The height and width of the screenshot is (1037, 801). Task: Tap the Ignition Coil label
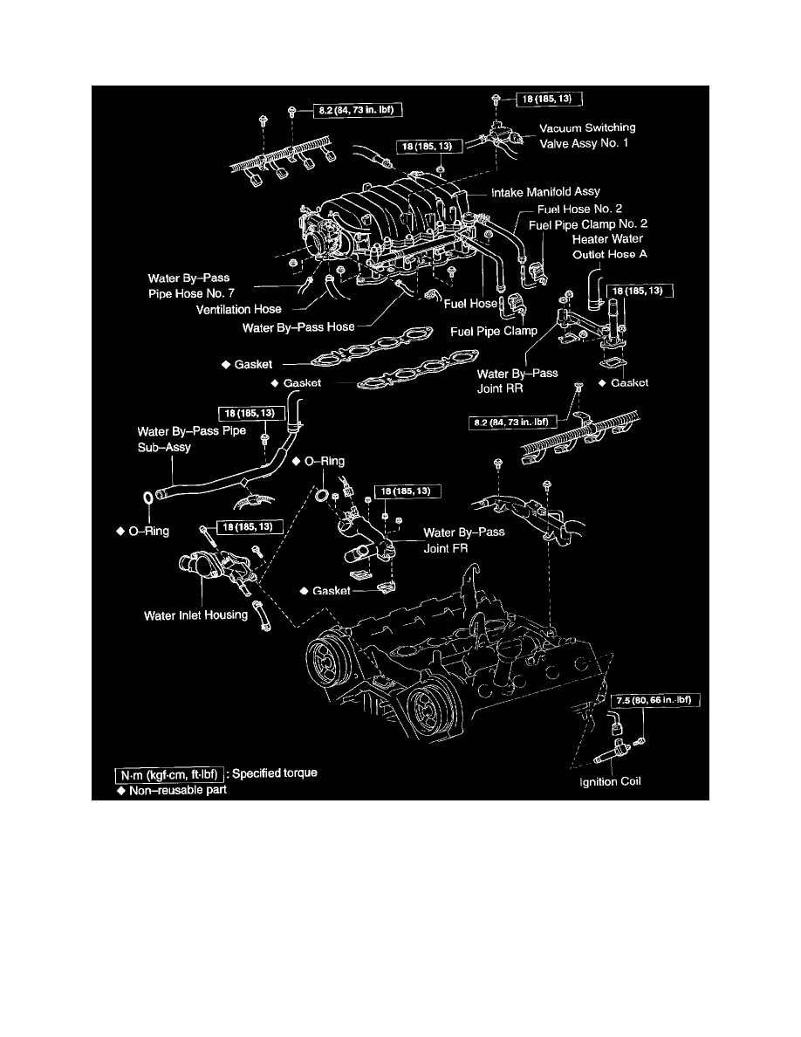pos(610,781)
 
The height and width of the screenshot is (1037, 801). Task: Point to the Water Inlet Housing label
pos(195,615)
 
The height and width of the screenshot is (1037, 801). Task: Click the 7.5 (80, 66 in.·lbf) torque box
pos(655,700)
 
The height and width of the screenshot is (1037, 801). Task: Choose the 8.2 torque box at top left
pos(357,111)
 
